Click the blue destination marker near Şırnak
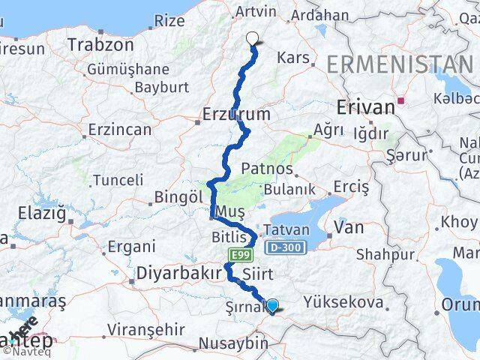pos(273,305)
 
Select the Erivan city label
pos(366,108)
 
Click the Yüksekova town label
pos(343,302)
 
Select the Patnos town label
pos(267,169)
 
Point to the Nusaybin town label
pos(232,344)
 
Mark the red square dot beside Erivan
pos(403,99)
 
